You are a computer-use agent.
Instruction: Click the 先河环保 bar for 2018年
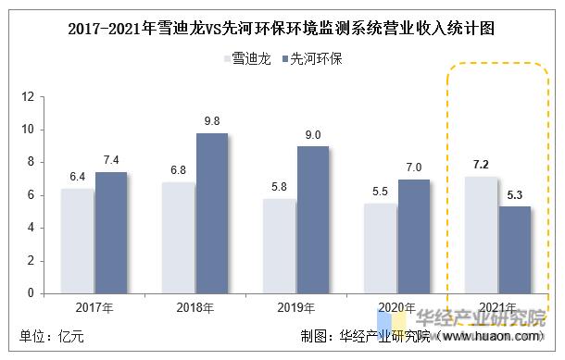[211, 214]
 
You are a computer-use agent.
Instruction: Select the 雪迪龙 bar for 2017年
[77, 241]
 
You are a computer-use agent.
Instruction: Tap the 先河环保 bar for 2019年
[312, 219]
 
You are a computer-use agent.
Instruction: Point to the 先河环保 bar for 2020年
[413, 236]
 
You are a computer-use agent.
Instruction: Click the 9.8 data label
[211, 121]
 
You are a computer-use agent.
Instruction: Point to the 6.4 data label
[77, 177]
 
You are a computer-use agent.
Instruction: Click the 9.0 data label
[312, 135]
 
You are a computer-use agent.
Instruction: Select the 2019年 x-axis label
[295, 308]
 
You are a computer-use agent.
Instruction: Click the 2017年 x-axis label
[94, 308]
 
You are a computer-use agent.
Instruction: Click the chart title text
[282, 28]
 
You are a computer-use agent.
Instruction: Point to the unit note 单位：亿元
[52, 337]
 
